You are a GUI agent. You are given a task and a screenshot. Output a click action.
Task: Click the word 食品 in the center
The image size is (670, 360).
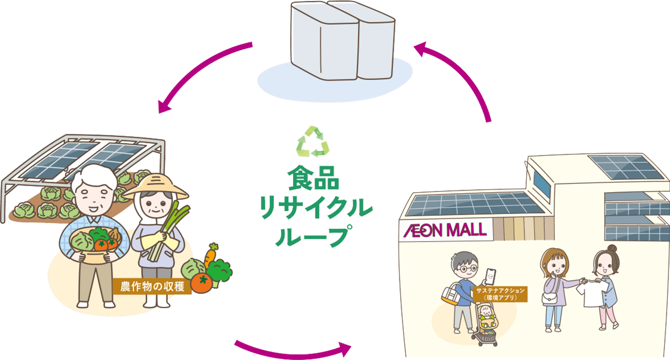[312, 178]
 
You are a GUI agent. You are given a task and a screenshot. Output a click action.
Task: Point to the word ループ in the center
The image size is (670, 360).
[312, 235]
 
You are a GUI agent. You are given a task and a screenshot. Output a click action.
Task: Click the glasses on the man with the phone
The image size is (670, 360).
[466, 267]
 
